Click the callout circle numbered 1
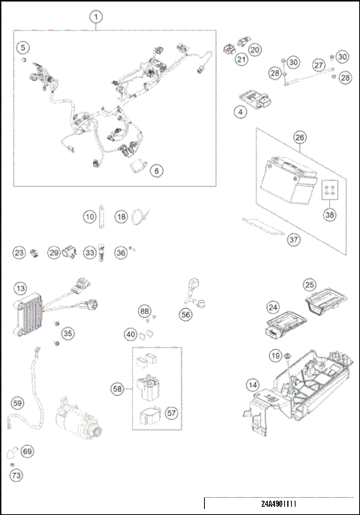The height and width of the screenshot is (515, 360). click(x=97, y=16)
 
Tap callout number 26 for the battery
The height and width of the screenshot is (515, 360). click(x=299, y=138)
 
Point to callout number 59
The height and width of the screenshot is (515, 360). click(x=17, y=403)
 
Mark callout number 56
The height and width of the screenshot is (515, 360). click(x=185, y=316)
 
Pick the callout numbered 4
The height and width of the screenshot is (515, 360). click(x=241, y=112)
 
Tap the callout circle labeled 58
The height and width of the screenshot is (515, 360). click(x=118, y=389)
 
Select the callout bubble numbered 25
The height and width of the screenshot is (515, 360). click(x=308, y=285)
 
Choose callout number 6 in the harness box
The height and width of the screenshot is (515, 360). click(x=156, y=171)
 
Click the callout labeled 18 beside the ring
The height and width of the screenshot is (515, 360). click(x=121, y=217)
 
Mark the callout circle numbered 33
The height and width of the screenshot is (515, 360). click(x=90, y=253)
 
